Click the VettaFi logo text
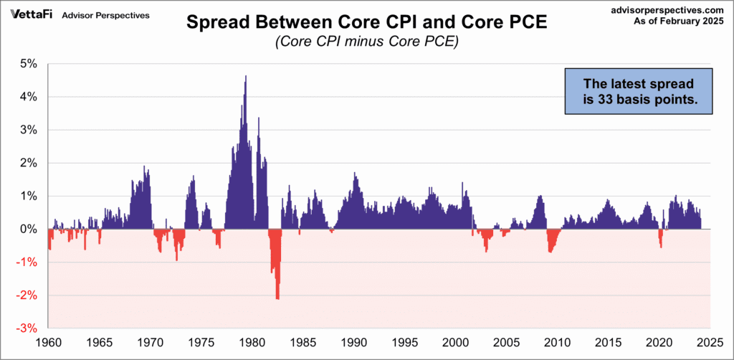point(29,14)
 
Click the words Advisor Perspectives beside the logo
point(106,15)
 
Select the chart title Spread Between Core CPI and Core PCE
point(366,22)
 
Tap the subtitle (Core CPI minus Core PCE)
point(366,42)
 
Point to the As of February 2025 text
point(684,23)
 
